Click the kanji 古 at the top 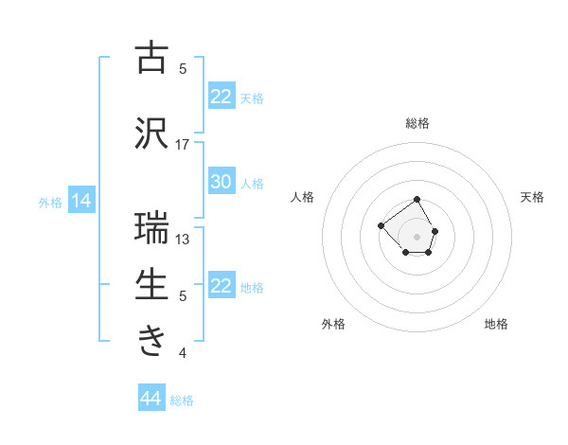pos(151,58)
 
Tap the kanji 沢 pos(151,133)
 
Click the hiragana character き pos(151,342)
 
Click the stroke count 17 pos(183,144)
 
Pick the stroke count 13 pos(183,239)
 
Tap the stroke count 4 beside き pos(183,353)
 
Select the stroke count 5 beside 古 pos(183,68)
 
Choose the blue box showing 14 pos(81,201)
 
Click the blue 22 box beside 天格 pos(222,96)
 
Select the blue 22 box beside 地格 pos(222,286)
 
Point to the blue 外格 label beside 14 pos(50,202)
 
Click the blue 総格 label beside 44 pos(182,400)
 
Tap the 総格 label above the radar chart pos(417,123)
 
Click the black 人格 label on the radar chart pos(303,197)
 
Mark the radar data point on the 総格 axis pos(417,201)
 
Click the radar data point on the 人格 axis pos(381,225)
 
